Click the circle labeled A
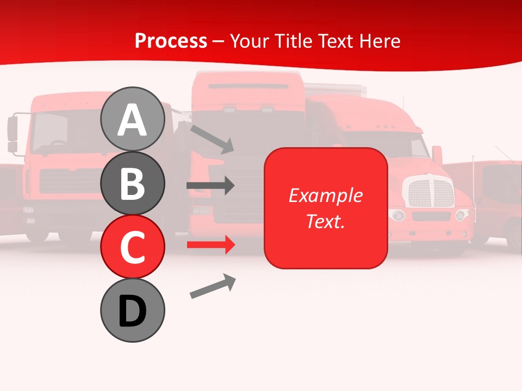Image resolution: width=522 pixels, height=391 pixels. coord(132,119)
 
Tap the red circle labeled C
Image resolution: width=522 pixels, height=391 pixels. coord(132,247)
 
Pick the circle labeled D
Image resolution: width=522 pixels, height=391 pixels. coord(132,310)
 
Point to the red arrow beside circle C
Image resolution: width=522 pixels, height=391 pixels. coord(210,245)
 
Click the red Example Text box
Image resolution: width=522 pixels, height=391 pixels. coord(325,208)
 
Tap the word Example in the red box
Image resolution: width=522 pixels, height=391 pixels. coord(325,195)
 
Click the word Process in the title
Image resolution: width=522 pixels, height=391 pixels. coord(171,41)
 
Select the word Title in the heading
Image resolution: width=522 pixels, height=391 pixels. coord(293,41)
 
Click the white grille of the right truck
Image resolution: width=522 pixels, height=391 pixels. coord(431,193)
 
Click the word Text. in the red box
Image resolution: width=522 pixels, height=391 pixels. coord(325,221)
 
